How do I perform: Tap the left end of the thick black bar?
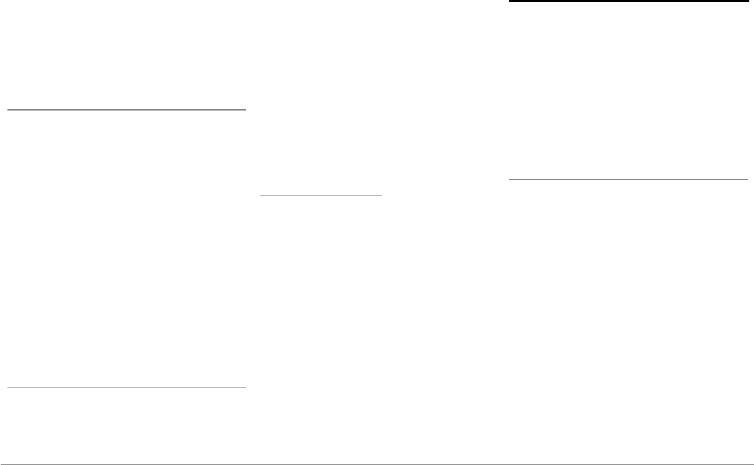point(509,2)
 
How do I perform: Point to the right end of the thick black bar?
point(747,2)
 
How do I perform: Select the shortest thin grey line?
point(321,195)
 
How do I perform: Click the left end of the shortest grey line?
point(261,195)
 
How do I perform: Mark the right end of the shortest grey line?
point(381,195)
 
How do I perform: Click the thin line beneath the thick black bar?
point(629,180)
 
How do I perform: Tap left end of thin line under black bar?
point(509,180)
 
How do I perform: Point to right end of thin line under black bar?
point(747,180)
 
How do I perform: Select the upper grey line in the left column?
point(126,109)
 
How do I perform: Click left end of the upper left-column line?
point(7,109)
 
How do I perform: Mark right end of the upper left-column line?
point(245,109)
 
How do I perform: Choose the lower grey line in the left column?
point(126,387)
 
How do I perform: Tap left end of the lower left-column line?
point(7,387)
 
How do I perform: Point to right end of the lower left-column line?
point(245,387)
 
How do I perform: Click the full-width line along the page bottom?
point(377,464)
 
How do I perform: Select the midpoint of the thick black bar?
point(629,2)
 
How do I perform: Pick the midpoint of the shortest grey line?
point(321,195)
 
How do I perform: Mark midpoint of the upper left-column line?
point(126,109)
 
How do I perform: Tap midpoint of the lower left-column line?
point(126,387)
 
